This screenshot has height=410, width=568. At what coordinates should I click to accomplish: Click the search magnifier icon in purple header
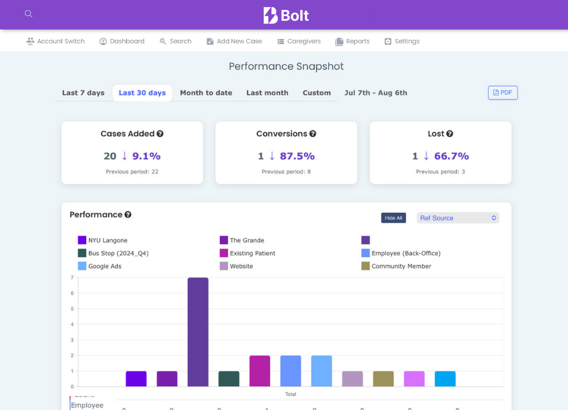(28, 14)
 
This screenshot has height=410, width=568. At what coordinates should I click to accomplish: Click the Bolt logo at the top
(286, 15)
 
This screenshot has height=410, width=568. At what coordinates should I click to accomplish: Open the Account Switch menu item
(56, 41)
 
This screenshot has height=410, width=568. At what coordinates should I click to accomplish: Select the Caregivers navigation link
(299, 41)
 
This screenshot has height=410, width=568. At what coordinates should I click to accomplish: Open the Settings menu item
(402, 41)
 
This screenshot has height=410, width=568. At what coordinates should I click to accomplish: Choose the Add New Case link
(234, 41)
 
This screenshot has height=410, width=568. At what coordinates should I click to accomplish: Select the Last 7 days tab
(83, 93)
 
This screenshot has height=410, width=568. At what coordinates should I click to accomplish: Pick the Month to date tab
(206, 93)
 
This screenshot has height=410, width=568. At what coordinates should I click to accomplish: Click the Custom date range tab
(317, 93)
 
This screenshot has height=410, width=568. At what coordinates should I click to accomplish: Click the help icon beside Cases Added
(160, 134)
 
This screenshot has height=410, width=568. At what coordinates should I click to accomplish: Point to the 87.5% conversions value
(297, 156)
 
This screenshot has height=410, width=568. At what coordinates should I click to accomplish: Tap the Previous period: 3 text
(440, 172)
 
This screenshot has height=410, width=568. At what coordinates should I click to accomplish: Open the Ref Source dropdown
(458, 218)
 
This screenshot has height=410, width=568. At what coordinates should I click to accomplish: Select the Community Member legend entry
(396, 266)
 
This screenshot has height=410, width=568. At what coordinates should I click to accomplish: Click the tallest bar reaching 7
(198, 332)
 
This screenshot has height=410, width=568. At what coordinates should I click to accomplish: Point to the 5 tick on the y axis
(72, 309)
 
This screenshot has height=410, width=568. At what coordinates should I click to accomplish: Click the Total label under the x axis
(290, 394)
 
